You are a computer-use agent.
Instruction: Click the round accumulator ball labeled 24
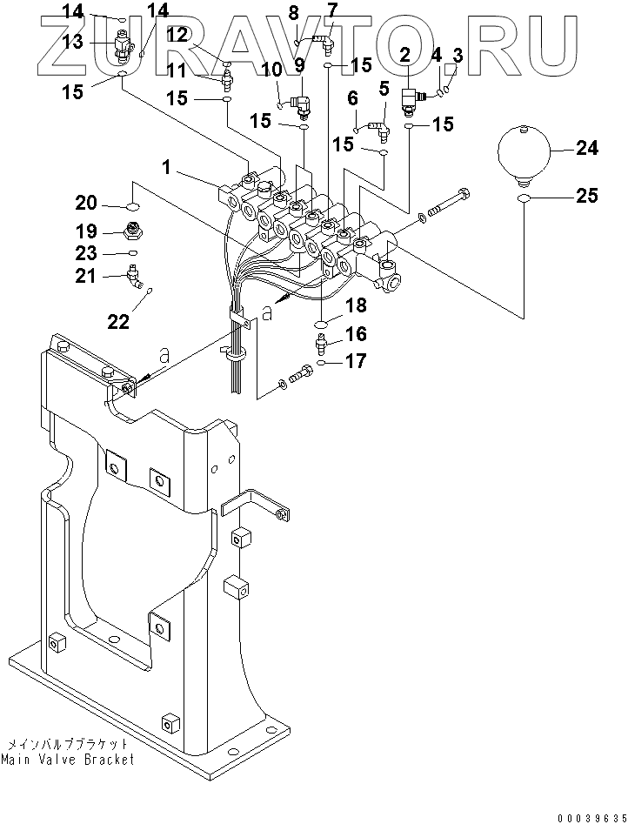[524, 152]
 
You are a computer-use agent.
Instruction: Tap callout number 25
[586, 196]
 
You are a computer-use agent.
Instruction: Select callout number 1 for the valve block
[166, 168]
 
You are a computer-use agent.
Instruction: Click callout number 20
[86, 203]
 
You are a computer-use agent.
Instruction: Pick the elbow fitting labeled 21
[136, 277]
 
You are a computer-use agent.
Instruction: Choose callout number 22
[118, 322]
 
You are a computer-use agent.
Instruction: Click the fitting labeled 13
[121, 46]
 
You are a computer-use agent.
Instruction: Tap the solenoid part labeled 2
[411, 101]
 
